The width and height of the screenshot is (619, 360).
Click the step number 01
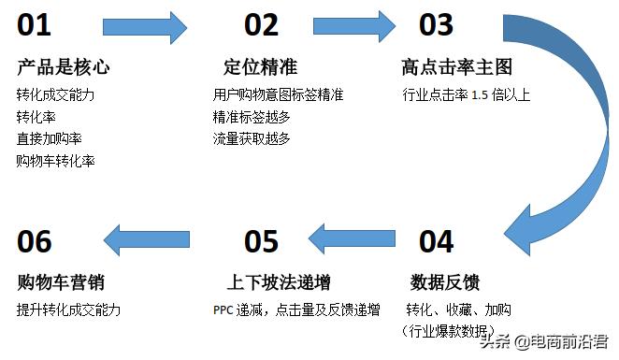pos(35,24)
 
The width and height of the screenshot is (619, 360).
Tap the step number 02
pos(262,24)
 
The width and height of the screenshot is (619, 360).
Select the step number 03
pos(435,24)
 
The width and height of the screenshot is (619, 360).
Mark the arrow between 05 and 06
pos(145,240)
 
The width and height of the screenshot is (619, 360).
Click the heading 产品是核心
pos(64,67)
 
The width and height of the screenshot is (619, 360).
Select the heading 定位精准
pos(260,67)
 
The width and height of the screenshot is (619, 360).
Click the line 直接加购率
pos(49,138)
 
